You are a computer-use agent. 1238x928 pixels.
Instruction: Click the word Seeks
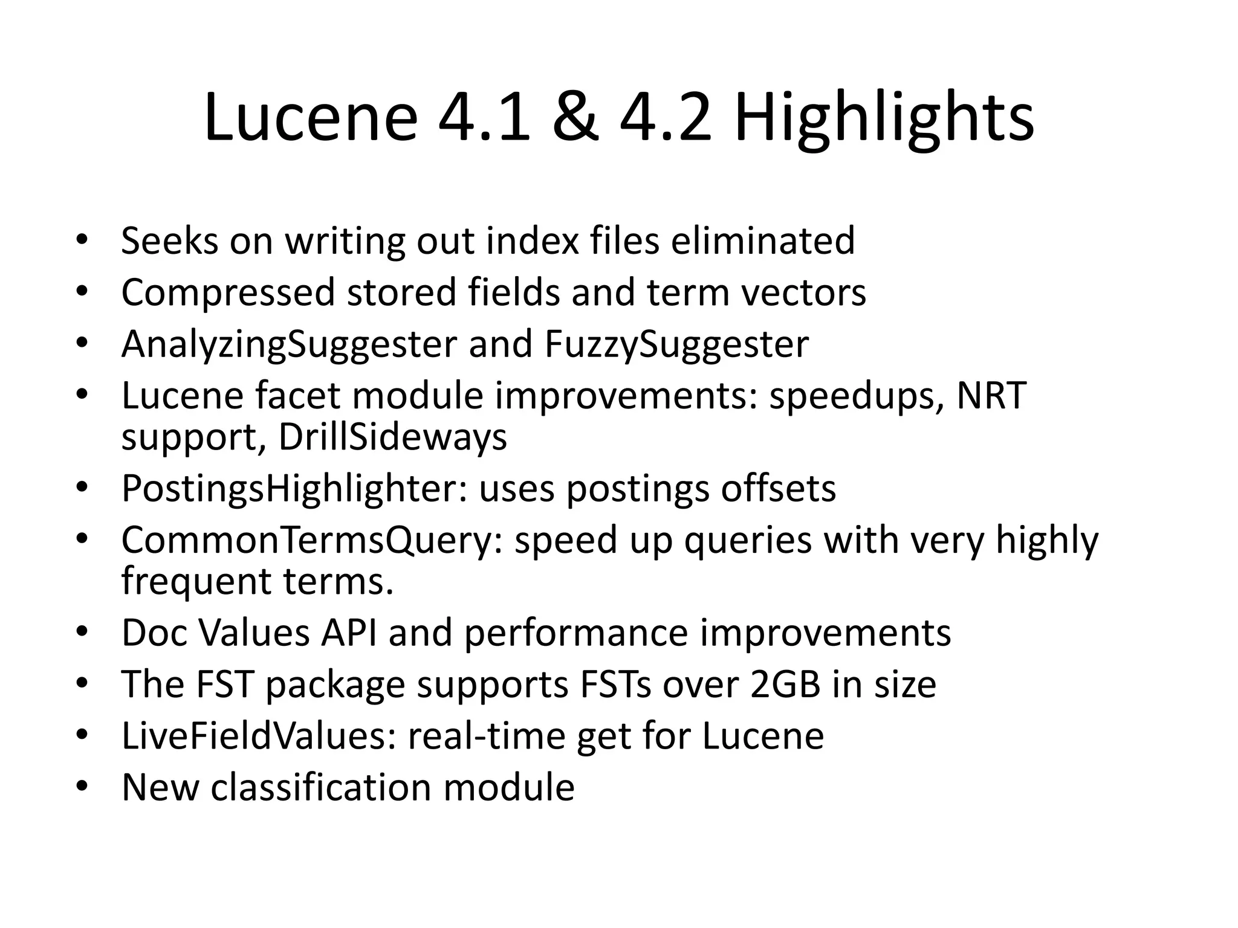pos(169,240)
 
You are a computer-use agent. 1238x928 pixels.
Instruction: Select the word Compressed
pos(228,293)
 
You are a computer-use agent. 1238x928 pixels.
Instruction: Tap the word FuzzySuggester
pos(676,345)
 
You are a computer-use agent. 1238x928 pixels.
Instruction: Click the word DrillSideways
pos(392,437)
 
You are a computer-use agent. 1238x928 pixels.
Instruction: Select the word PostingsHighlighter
pos(294,489)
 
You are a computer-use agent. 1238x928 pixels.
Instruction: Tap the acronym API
pos(349,633)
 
